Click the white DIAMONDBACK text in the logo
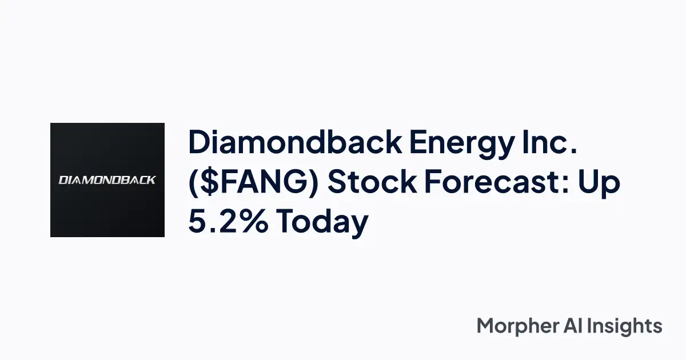[107, 180]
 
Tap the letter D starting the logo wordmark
[63, 180]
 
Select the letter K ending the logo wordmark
[151, 180]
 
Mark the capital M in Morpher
[486, 326]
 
